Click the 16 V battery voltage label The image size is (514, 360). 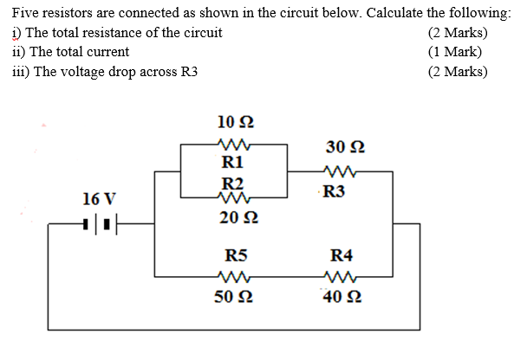[x=97, y=199]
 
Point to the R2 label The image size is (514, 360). [x=232, y=183]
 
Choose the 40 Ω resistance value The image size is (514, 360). [x=340, y=299]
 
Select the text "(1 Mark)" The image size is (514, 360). [x=455, y=52]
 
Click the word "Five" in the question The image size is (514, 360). [x=27, y=14]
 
